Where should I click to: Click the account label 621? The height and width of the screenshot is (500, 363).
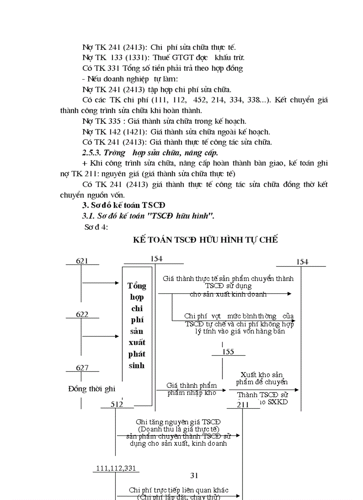point(82,261)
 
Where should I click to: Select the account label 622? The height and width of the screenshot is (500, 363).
point(82,314)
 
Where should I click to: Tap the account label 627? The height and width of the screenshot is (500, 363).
point(82,368)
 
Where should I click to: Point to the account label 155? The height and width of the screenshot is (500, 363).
point(228,352)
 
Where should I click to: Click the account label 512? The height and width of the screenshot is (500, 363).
point(117,404)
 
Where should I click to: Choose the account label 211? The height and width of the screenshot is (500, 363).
point(243,405)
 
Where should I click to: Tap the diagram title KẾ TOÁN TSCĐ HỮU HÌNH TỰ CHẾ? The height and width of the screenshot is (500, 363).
point(206,240)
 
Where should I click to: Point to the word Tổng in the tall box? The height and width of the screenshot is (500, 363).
point(137,285)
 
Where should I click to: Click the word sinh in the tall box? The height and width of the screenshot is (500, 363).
point(137,366)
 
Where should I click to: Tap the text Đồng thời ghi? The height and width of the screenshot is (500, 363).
point(92,389)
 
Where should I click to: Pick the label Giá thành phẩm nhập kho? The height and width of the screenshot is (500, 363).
point(192,389)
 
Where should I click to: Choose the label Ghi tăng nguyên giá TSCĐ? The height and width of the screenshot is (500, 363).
point(179,422)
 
